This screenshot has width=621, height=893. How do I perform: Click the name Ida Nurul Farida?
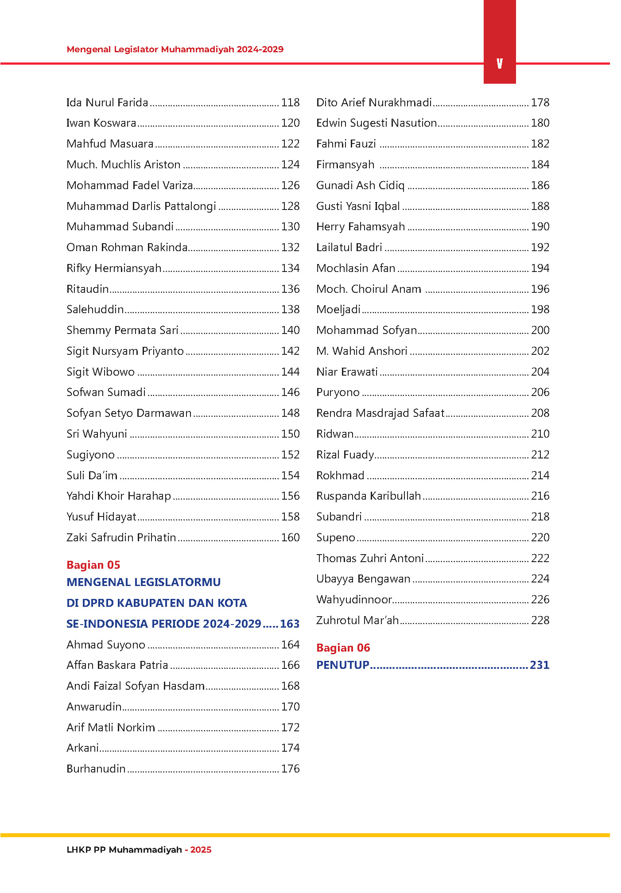pyautogui.click(x=107, y=103)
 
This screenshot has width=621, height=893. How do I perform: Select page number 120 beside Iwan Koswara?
pyautogui.click(x=290, y=123)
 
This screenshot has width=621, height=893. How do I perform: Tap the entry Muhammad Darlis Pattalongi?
pyautogui.click(x=141, y=206)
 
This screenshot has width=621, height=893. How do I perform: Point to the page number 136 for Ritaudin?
pyautogui.click(x=290, y=289)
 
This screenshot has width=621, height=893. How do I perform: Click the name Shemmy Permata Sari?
pyautogui.click(x=122, y=330)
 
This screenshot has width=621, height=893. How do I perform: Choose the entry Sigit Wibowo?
pyautogui.click(x=101, y=372)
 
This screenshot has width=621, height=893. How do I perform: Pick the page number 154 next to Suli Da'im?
pyautogui.click(x=290, y=476)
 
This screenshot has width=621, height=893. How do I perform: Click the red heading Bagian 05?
pyautogui.click(x=93, y=565)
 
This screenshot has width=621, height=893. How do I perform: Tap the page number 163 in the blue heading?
pyautogui.click(x=290, y=624)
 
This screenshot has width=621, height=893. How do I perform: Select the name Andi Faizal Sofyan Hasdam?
pyautogui.click(x=136, y=686)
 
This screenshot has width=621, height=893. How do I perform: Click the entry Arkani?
pyautogui.click(x=82, y=748)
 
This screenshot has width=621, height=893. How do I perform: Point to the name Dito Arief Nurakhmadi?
pyautogui.click(x=374, y=103)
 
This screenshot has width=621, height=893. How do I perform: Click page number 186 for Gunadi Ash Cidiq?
pyautogui.click(x=540, y=186)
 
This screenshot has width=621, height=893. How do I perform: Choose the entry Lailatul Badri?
pyautogui.click(x=349, y=248)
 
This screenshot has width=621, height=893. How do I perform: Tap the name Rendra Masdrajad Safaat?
pyautogui.click(x=380, y=413)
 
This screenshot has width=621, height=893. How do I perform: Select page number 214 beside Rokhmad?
pyautogui.click(x=540, y=476)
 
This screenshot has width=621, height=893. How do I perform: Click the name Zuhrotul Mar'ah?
pyautogui.click(x=357, y=621)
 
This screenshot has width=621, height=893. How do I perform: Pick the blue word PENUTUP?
pyautogui.click(x=343, y=665)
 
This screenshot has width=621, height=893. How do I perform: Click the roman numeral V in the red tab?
pyautogui.click(x=500, y=64)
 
